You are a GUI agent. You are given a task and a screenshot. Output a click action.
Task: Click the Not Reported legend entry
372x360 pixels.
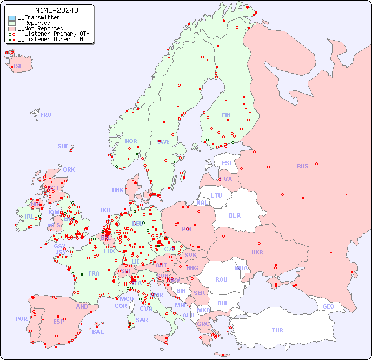point(41,28)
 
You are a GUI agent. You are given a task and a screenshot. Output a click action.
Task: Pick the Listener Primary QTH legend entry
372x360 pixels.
point(50,34)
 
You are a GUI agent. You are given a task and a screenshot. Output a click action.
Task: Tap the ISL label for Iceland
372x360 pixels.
point(18,67)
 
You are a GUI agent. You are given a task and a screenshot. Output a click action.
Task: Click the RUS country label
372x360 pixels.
point(302,166)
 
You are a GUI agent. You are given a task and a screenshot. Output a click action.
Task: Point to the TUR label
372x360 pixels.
point(277,330)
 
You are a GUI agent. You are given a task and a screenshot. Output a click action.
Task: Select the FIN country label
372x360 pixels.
point(226,115)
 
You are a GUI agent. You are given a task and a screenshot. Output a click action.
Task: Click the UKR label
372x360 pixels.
point(257,252)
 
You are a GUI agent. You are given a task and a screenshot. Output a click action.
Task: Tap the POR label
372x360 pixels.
point(21,319)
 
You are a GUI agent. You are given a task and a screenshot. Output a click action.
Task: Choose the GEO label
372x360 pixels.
point(328,306)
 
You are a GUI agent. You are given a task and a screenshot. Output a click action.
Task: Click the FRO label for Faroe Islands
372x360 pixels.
point(46,115)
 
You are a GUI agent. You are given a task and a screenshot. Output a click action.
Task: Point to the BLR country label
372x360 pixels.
point(235,215)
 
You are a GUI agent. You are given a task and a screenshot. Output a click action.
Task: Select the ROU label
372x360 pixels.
point(221,279)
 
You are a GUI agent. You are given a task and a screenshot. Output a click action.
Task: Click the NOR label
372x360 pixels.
point(131,141)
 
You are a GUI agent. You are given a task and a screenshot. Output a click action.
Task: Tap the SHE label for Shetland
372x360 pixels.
point(63,146)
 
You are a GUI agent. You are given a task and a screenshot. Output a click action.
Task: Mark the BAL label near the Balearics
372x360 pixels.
point(98,332)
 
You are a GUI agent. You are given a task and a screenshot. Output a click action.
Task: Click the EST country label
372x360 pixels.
point(227,163)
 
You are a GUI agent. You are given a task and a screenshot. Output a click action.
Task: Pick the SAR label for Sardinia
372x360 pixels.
point(142,320)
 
